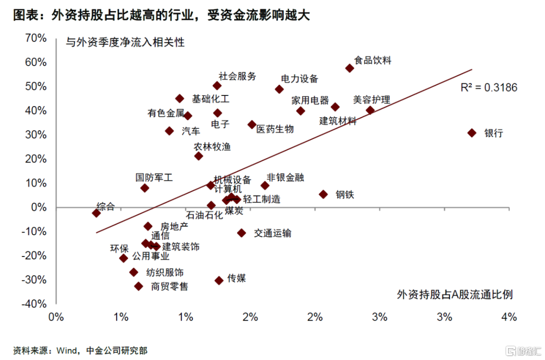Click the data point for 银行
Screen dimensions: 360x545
coord(472,133)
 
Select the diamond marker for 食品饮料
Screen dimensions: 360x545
coord(349,68)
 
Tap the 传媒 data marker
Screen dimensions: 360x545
coord(219,280)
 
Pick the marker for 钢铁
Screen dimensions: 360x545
coord(323,194)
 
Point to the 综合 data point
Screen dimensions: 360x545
coord(96,213)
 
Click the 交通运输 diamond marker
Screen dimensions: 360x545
coord(242,233)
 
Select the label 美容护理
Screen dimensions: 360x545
coord(371,100)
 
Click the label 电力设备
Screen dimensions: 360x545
coord(300,79)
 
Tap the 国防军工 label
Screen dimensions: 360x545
coord(154,178)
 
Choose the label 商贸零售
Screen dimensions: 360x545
coord(170,287)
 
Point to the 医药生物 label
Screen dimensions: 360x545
coord(275,129)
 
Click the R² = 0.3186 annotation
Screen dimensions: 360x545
coord(489,88)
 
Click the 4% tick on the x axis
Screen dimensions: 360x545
coord(509,317)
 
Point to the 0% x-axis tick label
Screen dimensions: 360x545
coord(56,317)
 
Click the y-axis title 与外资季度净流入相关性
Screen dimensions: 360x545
coord(125,42)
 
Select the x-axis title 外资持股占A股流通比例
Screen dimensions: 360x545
coord(455,294)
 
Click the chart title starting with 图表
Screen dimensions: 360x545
coord(161,15)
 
